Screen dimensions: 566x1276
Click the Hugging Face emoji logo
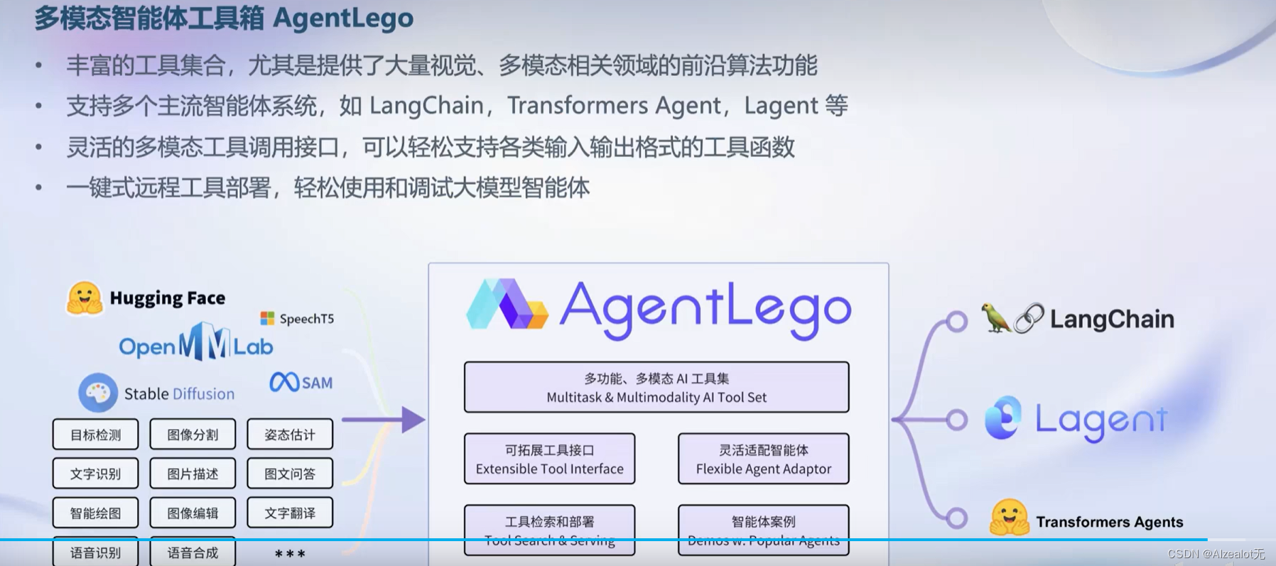point(85,298)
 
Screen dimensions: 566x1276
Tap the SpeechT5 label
point(306,319)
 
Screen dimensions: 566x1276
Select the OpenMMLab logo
point(196,343)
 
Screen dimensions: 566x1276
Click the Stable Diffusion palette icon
point(98,392)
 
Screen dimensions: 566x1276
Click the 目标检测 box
point(95,435)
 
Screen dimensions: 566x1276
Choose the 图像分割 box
point(193,435)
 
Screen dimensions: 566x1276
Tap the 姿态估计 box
point(290,435)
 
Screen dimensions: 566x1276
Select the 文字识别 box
point(95,474)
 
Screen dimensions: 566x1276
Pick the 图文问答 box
point(290,474)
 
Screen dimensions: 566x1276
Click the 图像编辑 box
point(193,513)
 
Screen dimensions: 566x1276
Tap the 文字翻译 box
point(290,513)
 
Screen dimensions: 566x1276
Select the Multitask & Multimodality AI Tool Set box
point(656,388)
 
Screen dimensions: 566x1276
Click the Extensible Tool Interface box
point(549,459)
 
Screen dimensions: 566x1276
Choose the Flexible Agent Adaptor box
point(764,459)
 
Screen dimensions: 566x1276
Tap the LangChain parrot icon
point(995,318)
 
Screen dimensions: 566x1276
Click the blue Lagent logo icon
point(1003,418)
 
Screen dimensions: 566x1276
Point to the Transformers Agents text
point(1109,522)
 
